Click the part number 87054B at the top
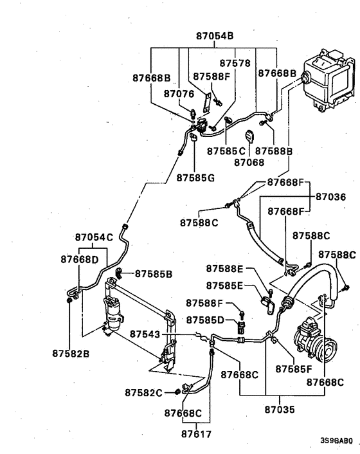tap(215, 36)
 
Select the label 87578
tap(235, 64)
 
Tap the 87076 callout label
tap(161, 94)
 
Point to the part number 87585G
tap(196, 177)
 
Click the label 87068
tap(249, 162)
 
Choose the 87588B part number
tap(274, 151)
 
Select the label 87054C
tap(94, 237)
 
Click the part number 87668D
tap(80, 260)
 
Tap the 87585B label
tap(154, 274)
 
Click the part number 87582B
tap(70, 352)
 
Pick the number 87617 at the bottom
tap(188, 433)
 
